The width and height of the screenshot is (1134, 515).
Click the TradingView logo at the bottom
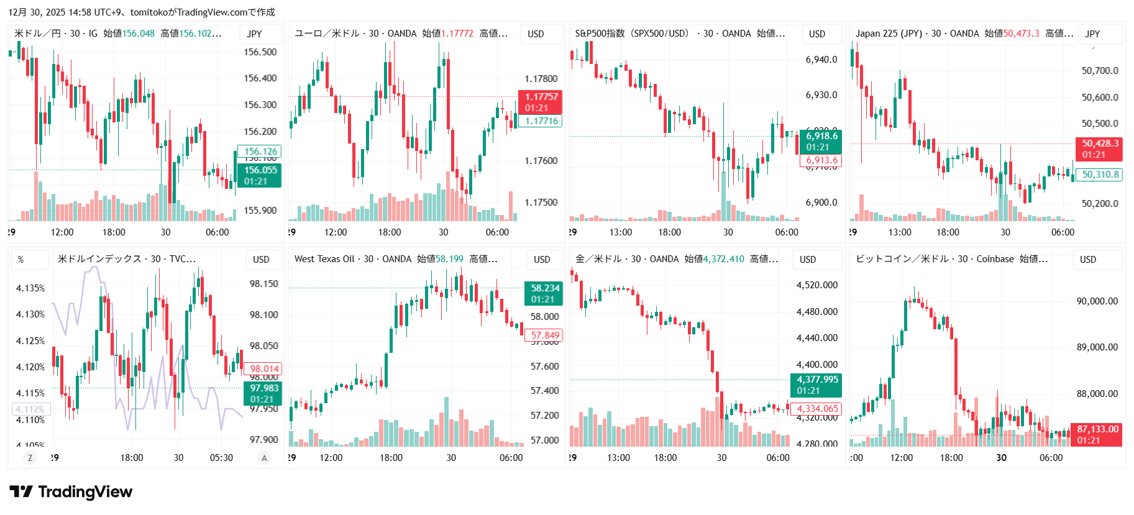[71, 492]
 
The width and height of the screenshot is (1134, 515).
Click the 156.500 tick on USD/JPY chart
[260, 52]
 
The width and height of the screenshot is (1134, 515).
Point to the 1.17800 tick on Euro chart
[541, 79]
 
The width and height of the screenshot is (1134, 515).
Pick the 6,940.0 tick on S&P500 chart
[821, 60]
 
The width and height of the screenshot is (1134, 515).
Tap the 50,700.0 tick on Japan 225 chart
[1100, 71]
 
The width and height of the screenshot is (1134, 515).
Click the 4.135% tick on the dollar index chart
[30, 288]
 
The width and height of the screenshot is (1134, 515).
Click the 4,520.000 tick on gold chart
[816, 285]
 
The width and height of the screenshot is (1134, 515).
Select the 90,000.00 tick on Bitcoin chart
[1097, 301]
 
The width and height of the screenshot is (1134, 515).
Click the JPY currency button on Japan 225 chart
[1092, 34]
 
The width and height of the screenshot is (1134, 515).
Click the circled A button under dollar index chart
[264, 458]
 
